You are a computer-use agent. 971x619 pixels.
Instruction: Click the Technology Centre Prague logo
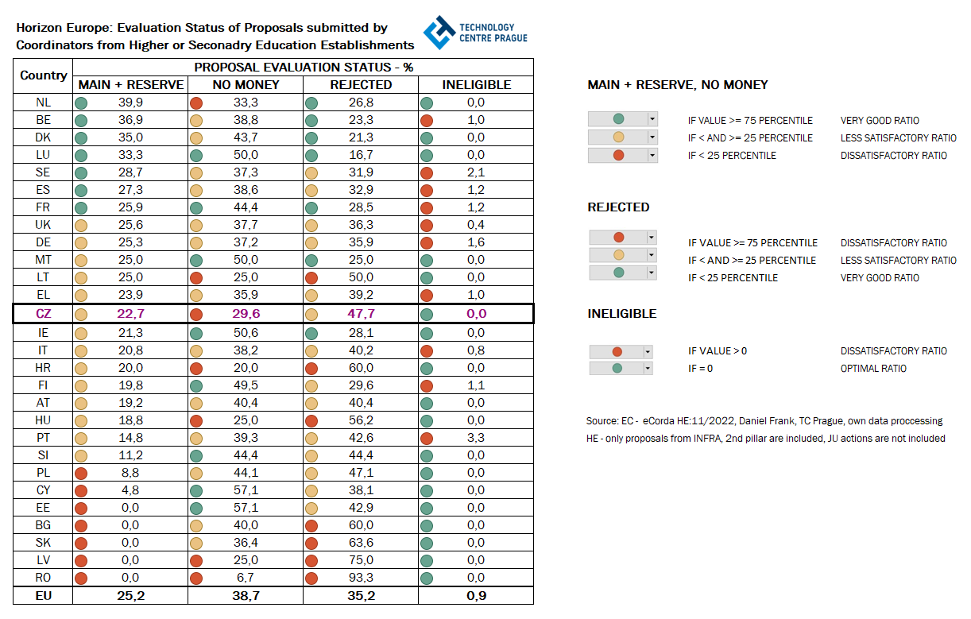474,33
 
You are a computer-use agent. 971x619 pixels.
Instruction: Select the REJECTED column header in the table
361,84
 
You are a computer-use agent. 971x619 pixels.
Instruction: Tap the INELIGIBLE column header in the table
476,84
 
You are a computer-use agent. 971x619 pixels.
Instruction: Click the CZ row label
44,314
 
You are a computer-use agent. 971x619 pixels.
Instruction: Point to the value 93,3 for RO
362,578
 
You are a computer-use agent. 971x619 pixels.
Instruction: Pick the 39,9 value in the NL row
130,103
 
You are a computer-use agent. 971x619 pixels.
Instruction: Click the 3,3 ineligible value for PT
476,438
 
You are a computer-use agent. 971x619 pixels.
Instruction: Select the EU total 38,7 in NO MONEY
246,595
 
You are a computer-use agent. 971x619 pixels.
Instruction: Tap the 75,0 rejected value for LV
362,560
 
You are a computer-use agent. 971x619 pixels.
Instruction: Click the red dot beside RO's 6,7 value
196,578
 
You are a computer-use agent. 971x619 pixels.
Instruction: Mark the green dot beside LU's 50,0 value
196,155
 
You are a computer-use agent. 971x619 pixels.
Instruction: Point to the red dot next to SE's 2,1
427,172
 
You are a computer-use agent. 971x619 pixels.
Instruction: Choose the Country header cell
44,75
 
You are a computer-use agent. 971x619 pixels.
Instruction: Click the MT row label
44,260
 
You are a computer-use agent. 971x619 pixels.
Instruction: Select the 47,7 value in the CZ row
362,314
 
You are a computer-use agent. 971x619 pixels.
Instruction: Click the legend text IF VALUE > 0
718,351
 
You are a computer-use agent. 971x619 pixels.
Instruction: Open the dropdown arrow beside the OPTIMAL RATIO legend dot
648,369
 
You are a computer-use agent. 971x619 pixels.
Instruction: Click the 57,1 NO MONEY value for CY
246,490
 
